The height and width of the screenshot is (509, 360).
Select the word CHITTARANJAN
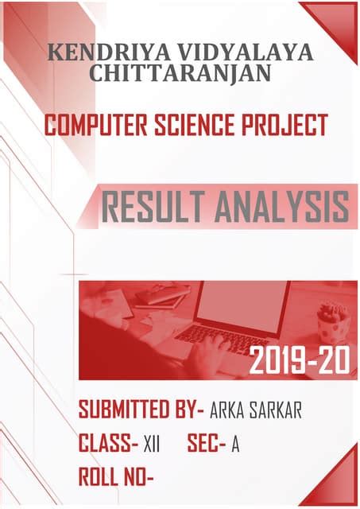(181, 74)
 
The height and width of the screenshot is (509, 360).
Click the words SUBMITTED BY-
(141, 410)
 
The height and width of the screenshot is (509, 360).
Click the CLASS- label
(108, 444)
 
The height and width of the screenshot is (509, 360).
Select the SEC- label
(207, 444)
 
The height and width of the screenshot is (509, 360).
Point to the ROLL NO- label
(116, 477)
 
